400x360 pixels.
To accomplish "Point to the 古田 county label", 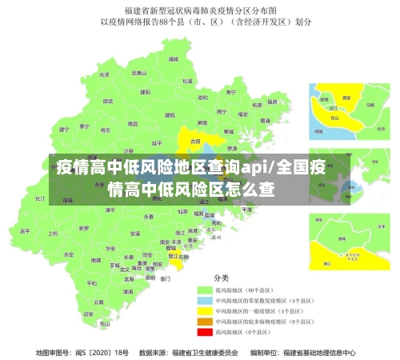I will pos(195,141).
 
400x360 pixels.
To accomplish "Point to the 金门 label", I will pos(165,279).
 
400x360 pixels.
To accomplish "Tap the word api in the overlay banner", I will pos(254,168).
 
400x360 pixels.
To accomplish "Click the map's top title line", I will pos(199,11).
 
